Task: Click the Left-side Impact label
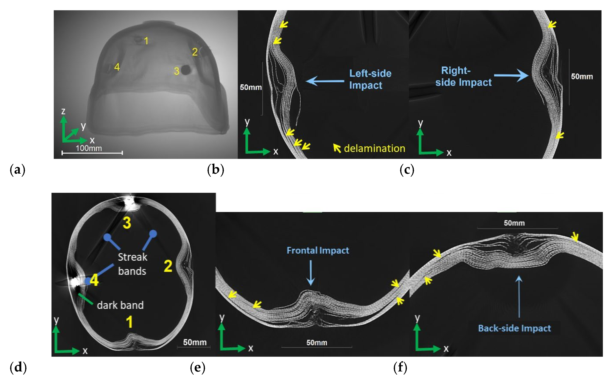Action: coord(370,79)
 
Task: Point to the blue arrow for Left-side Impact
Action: coord(325,81)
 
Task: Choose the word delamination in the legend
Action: coord(374,148)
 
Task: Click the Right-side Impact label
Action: coord(463,76)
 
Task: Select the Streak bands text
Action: coord(132,264)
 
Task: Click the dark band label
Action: coord(120,305)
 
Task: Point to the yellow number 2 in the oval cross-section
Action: coord(168,266)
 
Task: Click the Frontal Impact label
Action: coord(318,250)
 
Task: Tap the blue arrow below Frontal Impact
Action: coord(310,273)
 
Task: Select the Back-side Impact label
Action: coord(514,328)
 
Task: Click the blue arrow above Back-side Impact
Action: coord(519,296)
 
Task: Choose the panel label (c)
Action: coord(407,170)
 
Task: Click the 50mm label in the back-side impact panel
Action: coord(514,223)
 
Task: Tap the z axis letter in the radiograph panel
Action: coord(63,111)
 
